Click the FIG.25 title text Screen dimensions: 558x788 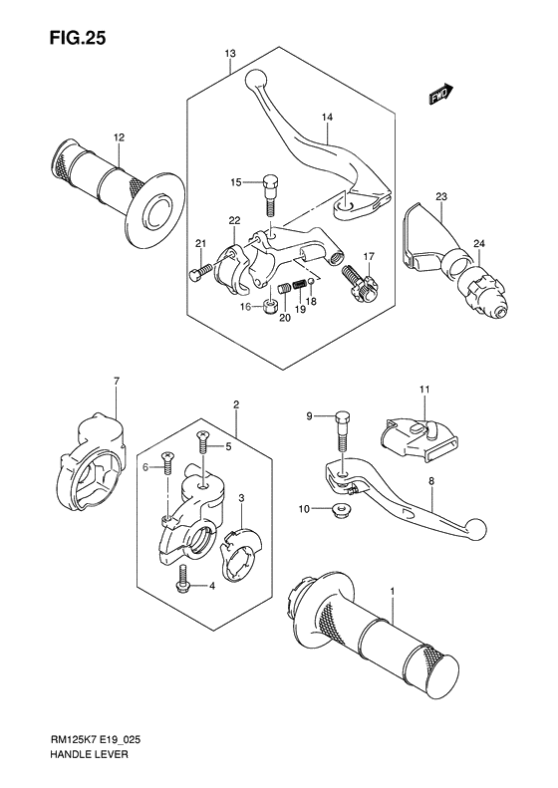tap(78, 38)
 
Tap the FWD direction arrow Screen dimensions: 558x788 tap(441, 94)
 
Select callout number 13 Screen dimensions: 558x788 tap(230, 53)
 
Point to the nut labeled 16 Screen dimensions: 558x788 tap(270, 306)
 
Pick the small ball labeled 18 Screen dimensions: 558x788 tap(312, 280)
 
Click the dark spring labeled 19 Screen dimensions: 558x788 tap(300, 285)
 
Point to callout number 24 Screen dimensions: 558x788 tap(479, 244)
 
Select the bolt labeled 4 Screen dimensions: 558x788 tap(182, 579)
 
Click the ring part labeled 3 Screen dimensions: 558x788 tap(241, 553)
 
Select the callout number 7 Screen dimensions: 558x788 tap(117, 382)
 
